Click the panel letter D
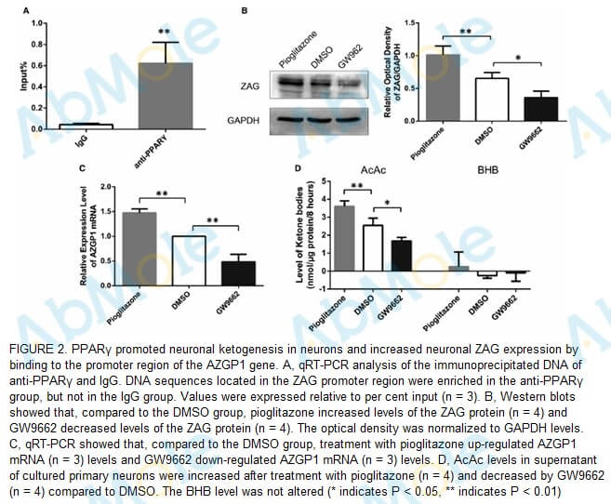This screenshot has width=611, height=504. [x=298, y=169]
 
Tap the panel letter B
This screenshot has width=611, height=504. [x=245, y=10]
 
